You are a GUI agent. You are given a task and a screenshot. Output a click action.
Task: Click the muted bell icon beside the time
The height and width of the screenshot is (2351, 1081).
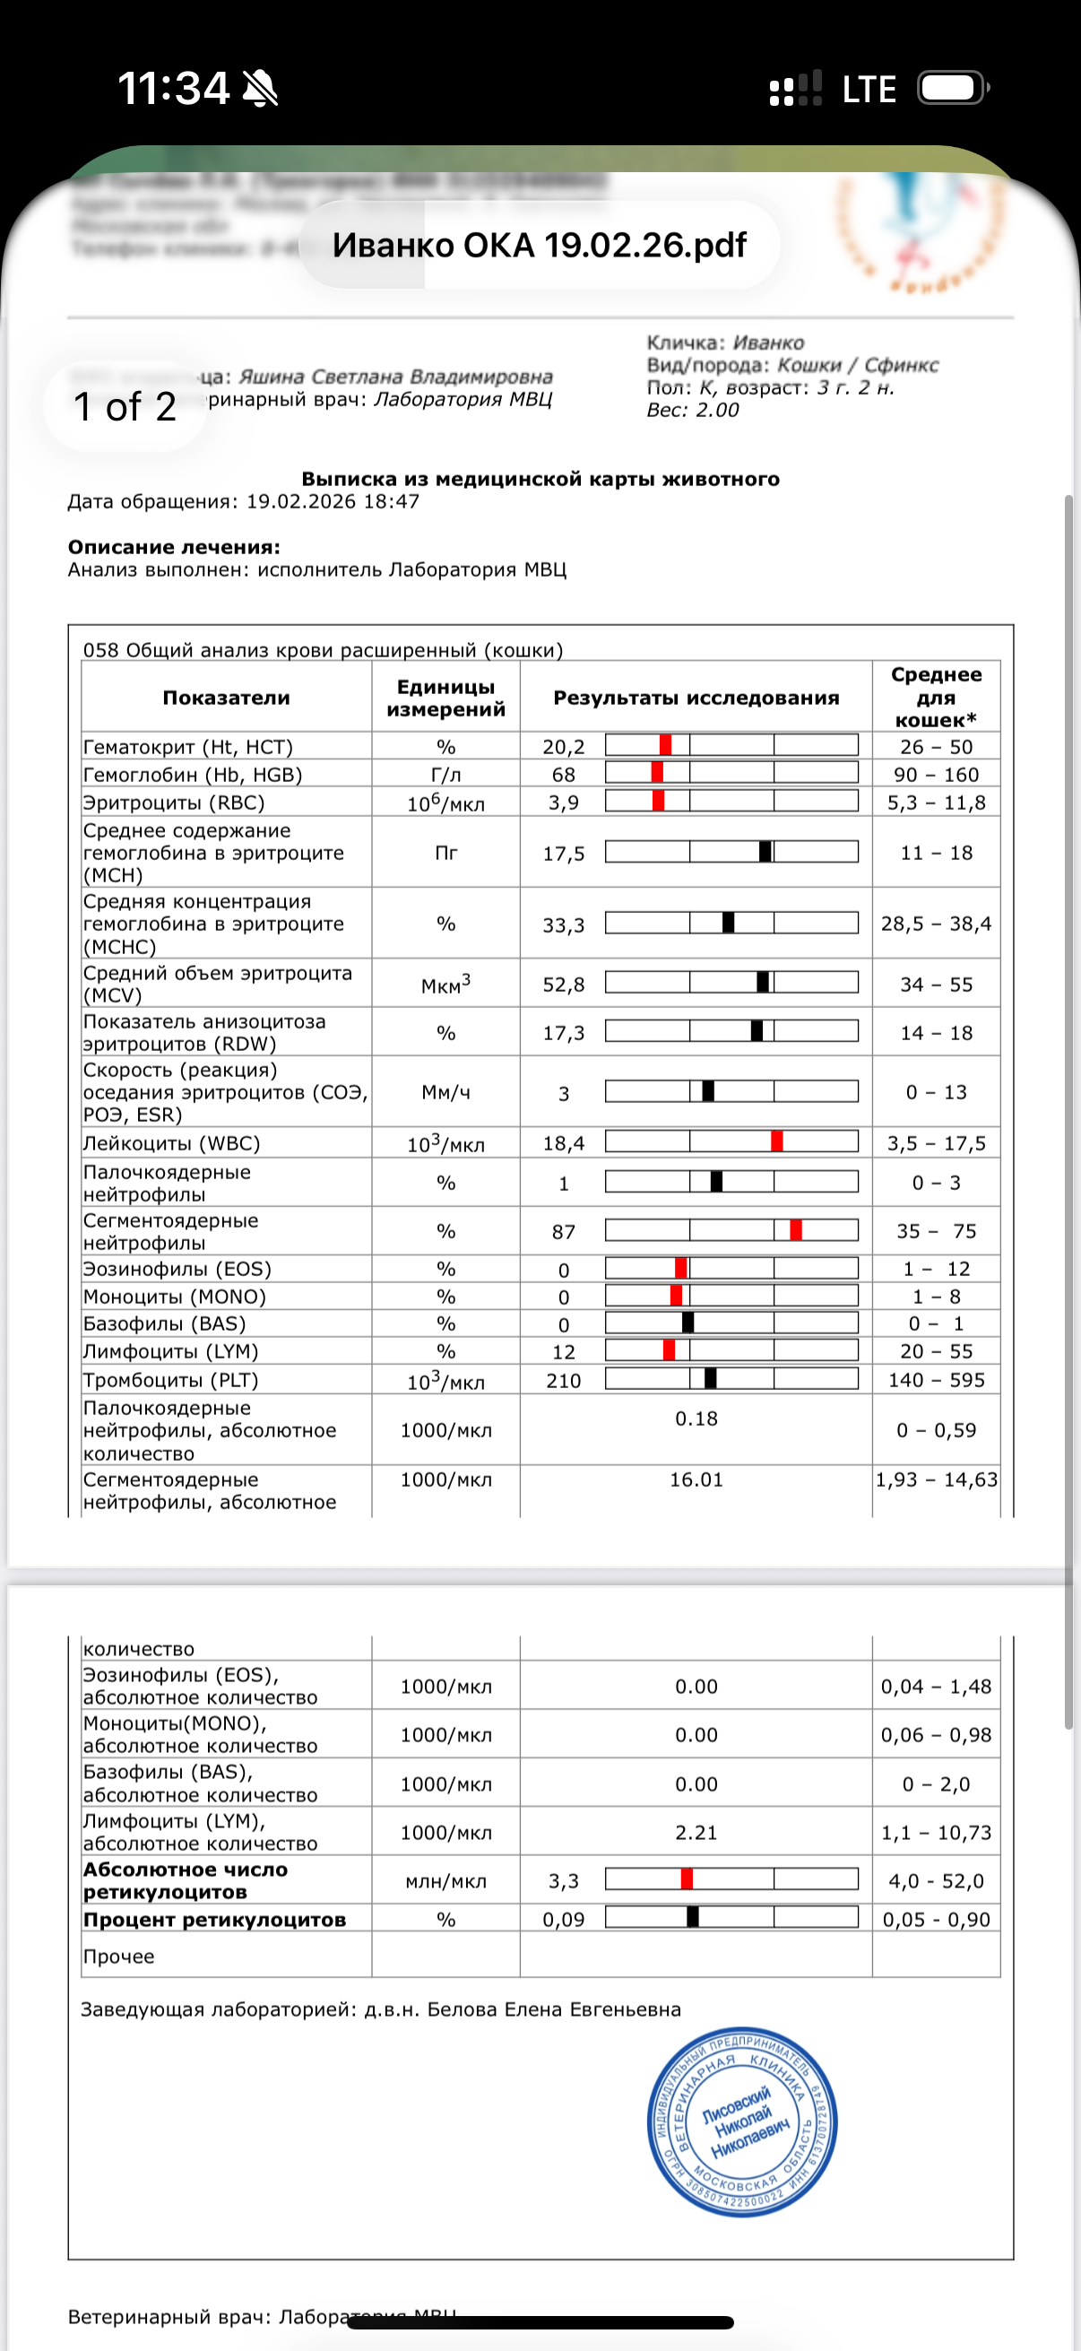coord(260,89)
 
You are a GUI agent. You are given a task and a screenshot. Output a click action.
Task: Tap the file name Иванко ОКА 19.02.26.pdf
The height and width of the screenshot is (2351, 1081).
coord(539,245)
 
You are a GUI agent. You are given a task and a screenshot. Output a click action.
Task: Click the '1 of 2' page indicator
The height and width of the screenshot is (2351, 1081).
coord(124,407)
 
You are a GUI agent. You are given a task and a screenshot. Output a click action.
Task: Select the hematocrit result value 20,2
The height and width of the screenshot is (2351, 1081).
coord(564,747)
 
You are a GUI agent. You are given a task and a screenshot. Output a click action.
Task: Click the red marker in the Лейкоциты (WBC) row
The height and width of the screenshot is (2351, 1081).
coord(776,1141)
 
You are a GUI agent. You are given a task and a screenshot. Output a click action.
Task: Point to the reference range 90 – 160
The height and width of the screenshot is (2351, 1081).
coord(936,775)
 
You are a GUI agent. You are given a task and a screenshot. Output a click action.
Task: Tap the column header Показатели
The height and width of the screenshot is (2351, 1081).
coord(226,698)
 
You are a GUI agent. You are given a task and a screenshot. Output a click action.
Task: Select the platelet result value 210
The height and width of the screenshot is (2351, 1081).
coord(564,1381)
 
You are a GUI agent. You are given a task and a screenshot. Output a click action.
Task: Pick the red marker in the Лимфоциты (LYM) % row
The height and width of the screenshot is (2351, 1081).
coord(670,1349)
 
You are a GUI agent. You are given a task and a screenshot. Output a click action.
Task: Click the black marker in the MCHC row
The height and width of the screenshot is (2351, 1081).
coord(728,923)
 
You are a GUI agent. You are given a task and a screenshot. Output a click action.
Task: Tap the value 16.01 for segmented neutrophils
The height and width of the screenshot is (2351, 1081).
coord(696,1479)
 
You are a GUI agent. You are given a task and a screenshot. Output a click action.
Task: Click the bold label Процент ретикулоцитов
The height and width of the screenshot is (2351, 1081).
coord(214,1920)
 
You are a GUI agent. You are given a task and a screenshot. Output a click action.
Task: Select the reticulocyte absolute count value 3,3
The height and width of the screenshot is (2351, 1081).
coord(564,1881)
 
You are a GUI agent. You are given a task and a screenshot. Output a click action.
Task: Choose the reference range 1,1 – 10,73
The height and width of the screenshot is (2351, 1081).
coord(936,1833)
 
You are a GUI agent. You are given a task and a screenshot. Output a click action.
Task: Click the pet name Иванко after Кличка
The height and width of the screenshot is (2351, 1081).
coord(768,343)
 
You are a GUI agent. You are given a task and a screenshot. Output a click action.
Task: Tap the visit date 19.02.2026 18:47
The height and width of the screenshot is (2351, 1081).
coord(333,501)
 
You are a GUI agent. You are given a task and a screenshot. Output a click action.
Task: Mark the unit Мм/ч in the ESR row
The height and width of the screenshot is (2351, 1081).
coord(445,1092)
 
